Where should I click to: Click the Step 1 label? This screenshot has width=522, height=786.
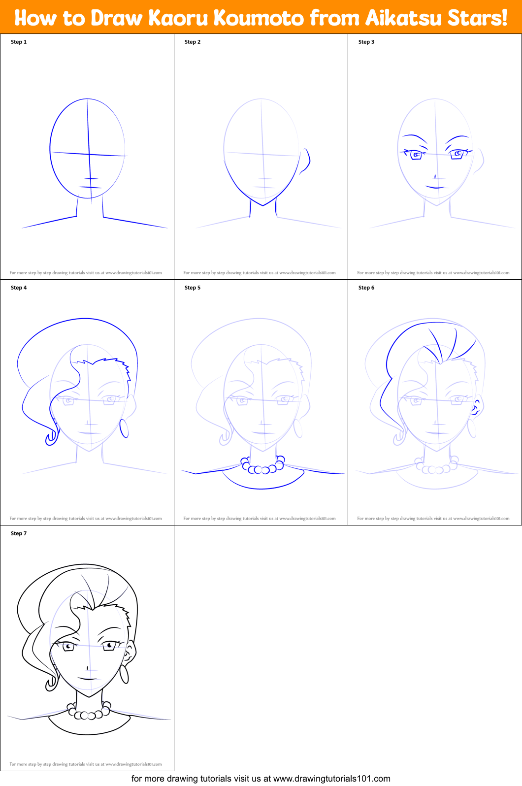19,42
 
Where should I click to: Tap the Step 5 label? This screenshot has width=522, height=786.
193,288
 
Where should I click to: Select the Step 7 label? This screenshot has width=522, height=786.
19,533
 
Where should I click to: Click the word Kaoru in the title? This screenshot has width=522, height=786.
178,18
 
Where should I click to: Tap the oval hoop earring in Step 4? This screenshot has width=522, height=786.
124,428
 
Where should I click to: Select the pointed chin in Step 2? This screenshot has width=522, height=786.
263,204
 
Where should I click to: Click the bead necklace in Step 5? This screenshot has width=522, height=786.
263,467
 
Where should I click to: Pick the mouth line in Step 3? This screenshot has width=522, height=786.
435,188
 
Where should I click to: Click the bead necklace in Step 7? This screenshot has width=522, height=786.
89,713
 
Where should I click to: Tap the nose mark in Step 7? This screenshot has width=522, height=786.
88,668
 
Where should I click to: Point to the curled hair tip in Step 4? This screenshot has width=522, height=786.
51,438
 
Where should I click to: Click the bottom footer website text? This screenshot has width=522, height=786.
261,779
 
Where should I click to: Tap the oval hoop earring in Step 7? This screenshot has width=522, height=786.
124,674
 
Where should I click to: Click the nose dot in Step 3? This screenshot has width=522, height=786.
435,176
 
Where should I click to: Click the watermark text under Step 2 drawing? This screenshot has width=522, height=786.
260,272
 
